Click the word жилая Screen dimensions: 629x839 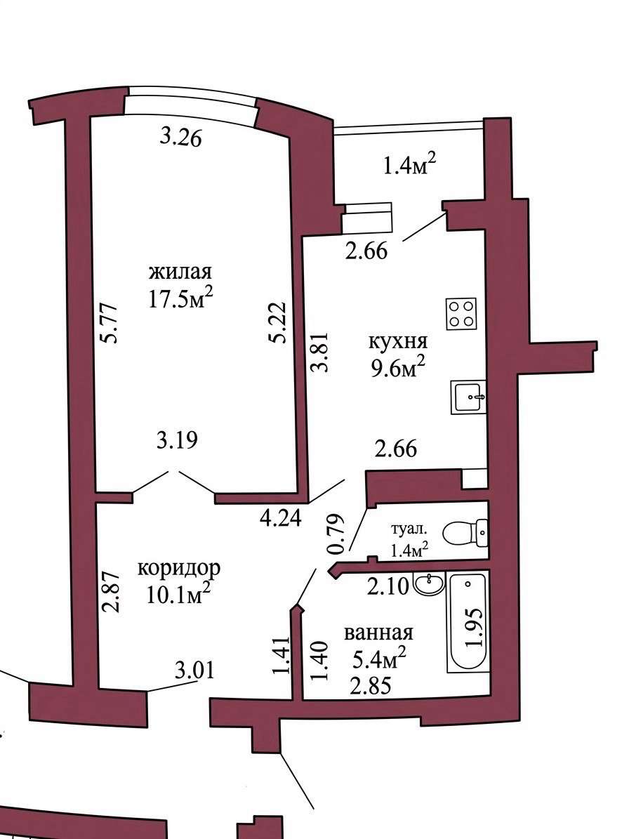click(180, 272)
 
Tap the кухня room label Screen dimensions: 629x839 click(398, 341)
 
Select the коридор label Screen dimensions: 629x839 click(178, 568)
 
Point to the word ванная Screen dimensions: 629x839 click(378, 633)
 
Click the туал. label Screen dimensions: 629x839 click(410, 530)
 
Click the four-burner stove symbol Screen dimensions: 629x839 click(462, 314)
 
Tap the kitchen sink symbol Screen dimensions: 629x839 click(468, 397)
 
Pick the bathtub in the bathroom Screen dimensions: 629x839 click(468, 622)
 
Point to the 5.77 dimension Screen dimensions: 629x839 click(111, 323)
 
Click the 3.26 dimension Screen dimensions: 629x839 click(181, 138)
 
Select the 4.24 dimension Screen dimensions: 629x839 click(281, 517)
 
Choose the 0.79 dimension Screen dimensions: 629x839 click(337, 534)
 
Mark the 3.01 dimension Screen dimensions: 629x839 click(194, 670)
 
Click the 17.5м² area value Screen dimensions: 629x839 click(181, 298)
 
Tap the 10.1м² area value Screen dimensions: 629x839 click(178, 595)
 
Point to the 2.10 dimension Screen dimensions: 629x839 click(388, 586)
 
